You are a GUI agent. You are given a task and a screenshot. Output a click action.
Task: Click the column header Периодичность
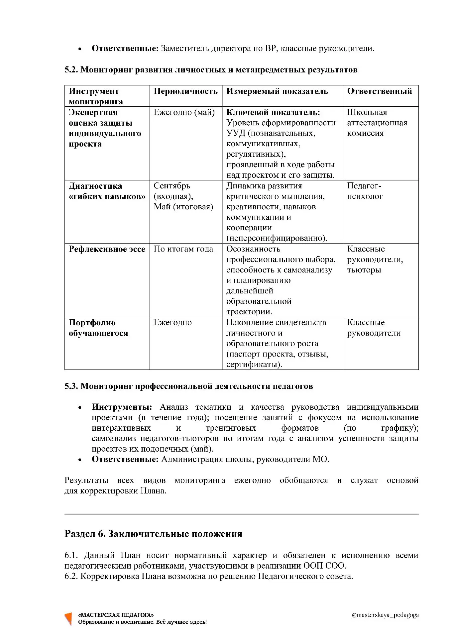[x=185, y=91]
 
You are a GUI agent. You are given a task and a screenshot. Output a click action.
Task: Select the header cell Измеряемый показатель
[x=277, y=91]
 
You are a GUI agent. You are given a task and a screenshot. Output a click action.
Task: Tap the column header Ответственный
[x=379, y=91]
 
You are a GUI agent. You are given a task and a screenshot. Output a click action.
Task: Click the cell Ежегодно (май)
[x=184, y=112]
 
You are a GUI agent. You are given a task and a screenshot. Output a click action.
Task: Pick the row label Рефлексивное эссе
[x=107, y=249]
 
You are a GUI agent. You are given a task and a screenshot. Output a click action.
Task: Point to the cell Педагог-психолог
[x=365, y=191]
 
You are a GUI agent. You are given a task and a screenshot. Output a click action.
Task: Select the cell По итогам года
[x=183, y=249]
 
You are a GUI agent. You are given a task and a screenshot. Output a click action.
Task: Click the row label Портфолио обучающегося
[x=98, y=328]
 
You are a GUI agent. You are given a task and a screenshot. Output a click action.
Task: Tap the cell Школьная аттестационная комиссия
[x=377, y=123]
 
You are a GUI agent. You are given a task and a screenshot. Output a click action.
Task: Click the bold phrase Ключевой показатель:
[x=273, y=112]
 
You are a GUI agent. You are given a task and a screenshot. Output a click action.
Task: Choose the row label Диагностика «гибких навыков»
[x=107, y=191]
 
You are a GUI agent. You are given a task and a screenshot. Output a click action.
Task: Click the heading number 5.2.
[x=71, y=70]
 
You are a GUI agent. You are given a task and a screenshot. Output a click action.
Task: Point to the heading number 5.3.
[x=71, y=386]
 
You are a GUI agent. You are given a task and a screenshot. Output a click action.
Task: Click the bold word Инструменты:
[x=122, y=407]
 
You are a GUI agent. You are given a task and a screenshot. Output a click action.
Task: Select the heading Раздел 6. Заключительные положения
[x=153, y=534]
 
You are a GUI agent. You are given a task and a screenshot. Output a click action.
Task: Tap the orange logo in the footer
[x=68, y=618]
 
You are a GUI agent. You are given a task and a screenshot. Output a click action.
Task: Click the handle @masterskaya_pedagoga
[x=385, y=615]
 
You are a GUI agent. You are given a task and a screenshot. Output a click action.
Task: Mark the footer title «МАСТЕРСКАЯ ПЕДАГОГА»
[x=116, y=615]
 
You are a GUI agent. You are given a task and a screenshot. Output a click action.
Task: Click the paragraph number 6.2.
[x=71, y=576]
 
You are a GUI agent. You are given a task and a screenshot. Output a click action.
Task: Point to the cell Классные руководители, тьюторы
[x=375, y=260]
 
